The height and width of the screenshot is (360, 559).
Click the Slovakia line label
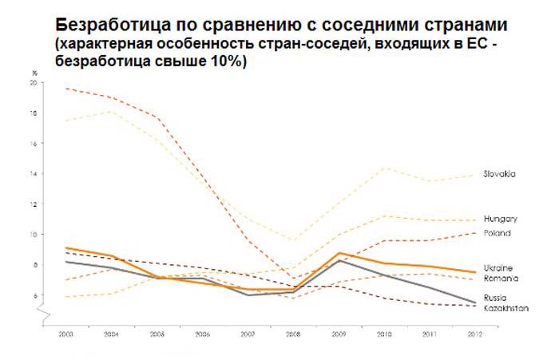click(x=499, y=174)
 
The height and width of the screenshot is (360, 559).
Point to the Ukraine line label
click(x=498, y=267)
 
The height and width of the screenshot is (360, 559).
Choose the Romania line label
click(x=500, y=278)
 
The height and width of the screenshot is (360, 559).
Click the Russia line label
click(x=496, y=297)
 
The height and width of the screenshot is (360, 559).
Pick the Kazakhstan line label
click(x=505, y=307)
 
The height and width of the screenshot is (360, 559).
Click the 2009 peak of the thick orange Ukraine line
click(x=340, y=253)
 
